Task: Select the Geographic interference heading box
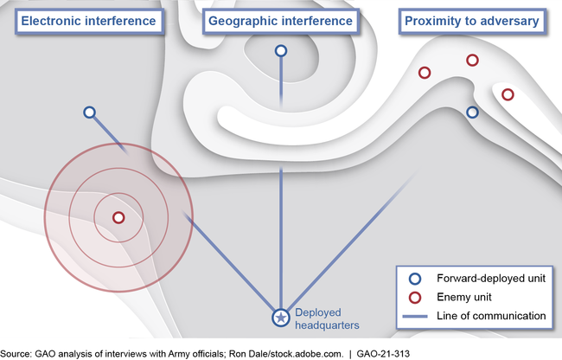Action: [x=280, y=20]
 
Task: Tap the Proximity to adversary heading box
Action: [x=472, y=20]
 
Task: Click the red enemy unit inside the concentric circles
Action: [x=118, y=217]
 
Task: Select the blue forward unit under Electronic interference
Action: [x=89, y=112]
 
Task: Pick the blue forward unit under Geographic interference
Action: [x=280, y=52]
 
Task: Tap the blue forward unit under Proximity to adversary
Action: [x=472, y=112]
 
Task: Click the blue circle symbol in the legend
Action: [x=415, y=279]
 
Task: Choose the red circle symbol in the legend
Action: [x=415, y=297]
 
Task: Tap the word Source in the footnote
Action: [x=17, y=352]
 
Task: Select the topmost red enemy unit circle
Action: [x=472, y=60]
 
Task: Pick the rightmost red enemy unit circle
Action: [x=508, y=93]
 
